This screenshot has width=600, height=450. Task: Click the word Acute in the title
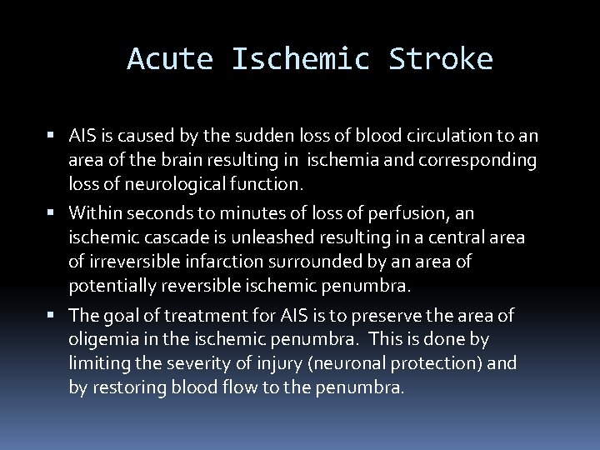coord(170,59)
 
